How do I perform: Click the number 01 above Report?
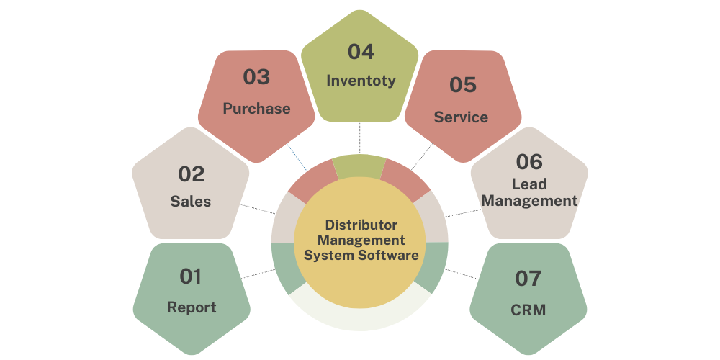tap(191, 276)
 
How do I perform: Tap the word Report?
tap(192, 307)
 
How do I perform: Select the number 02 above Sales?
tap(192, 174)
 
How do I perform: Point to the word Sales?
tap(191, 202)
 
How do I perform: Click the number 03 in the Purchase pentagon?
tap(256, 76)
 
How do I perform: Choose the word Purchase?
tap(256, 109)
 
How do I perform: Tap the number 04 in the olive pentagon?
tap(361, 52)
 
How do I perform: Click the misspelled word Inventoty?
tap(361, 80)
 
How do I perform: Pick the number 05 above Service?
tap(463, 85)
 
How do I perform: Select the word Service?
tap(461, 117)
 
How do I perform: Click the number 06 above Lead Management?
tap(529, 161)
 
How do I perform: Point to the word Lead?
tap(529, 185)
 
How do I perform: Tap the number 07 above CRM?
tap(528, 278)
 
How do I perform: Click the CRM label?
tap(528, 310)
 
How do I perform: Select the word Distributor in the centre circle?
tap(361, 225)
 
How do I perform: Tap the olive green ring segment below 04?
tap(360, 165)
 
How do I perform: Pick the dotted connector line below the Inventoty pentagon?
tap(360, 138)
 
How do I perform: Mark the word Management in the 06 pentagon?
tap(529, 201)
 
